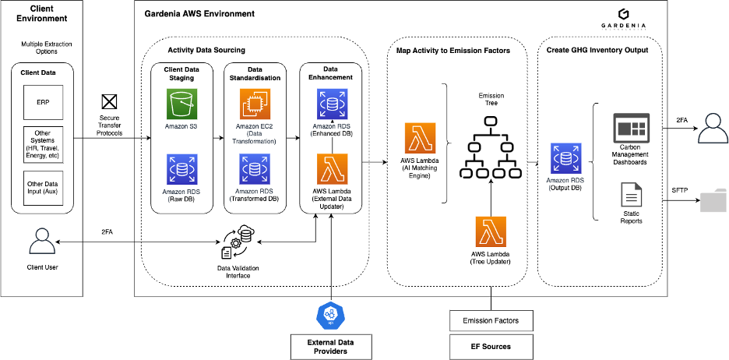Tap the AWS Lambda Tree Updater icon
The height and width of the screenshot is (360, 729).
click(491, 232)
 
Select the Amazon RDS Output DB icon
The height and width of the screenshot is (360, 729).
click(565, 158)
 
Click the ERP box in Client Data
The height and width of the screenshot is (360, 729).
click(42, 102)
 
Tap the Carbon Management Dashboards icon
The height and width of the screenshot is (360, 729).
click(631, 126)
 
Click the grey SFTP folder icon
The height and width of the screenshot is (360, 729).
click(713, 200)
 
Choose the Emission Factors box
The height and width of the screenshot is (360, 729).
click(491, 320)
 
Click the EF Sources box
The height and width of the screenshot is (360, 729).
click(491, 346)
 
